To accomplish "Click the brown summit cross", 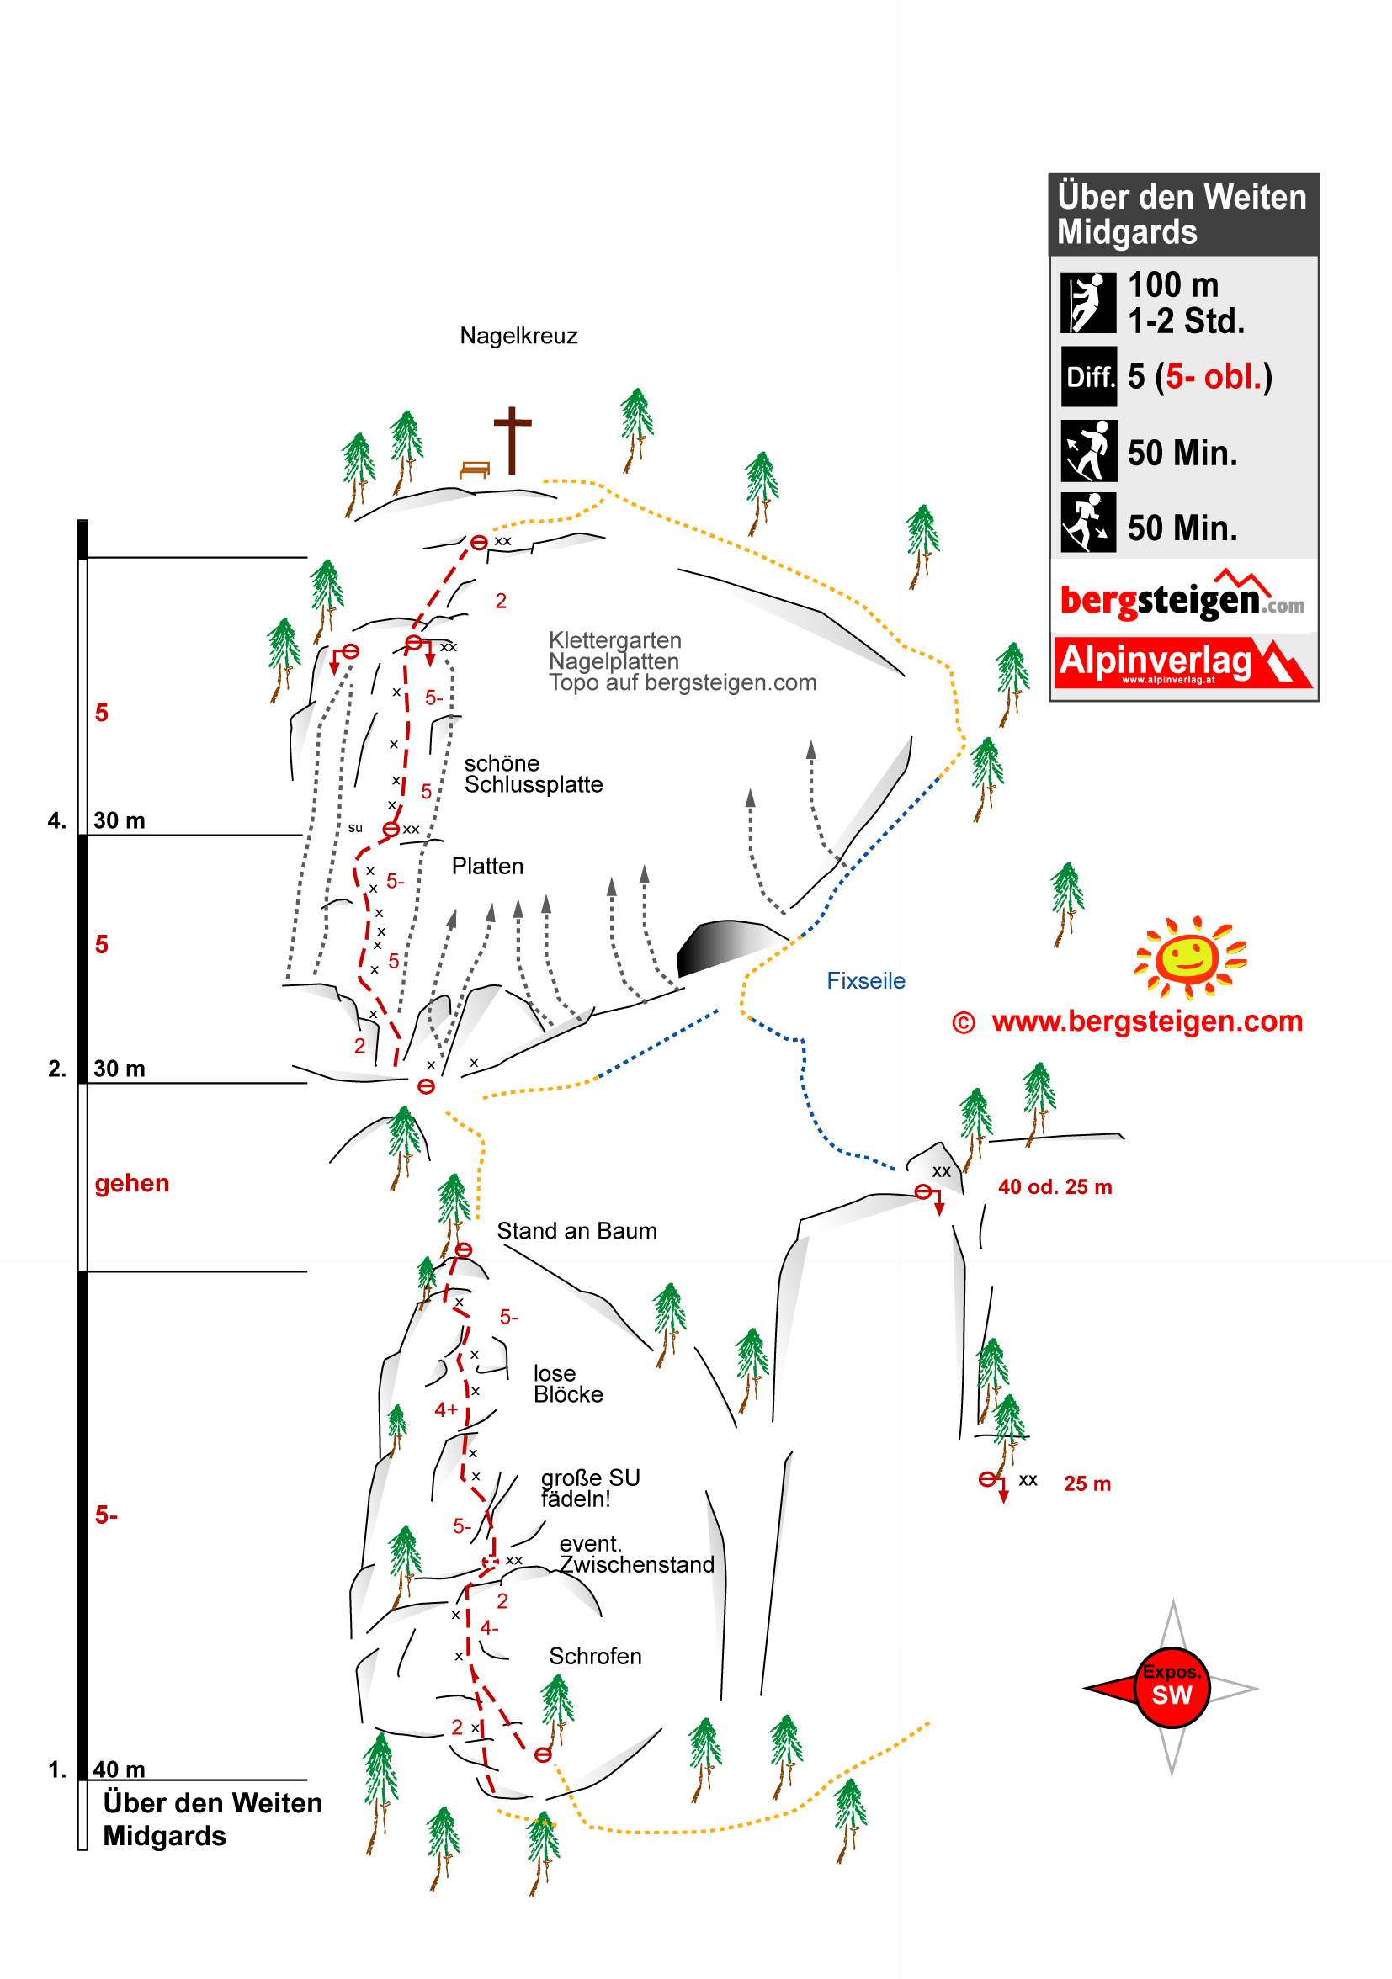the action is point(512,440).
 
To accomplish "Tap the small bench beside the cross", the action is point(475,470).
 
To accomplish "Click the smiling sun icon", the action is point(1189,958).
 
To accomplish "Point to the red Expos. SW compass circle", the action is point(1172,1688).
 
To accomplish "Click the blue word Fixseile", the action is point(865,981).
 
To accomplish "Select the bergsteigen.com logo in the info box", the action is point(1182,597).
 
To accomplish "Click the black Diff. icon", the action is point(1088,377).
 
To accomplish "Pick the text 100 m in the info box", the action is point(1173,284).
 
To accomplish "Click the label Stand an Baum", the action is point(576,1231).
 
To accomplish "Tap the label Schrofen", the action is point(595,1656).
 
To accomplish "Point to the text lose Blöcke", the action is point(568,1383).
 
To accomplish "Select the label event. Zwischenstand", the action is point(637,1553).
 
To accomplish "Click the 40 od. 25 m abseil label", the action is point(1055,1187).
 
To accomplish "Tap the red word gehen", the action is point(132,1183).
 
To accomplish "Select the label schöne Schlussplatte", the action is point(534,774).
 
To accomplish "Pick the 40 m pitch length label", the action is point(119,1769).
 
